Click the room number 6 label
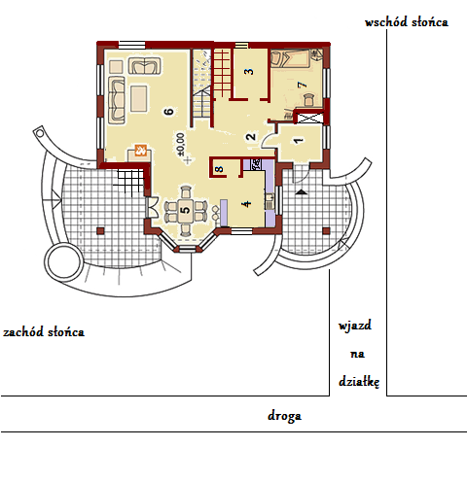click(x=168, y=112)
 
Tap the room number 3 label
click(x=249, y=71)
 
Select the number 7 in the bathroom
click(x=302, y=85)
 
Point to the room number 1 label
click(x=298, y=141)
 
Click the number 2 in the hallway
click(x=251, y=137)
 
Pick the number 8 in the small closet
click(x=220, y=169)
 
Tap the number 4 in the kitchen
click(x=247, y=204)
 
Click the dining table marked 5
click(x=186, y=210)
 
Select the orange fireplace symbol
click(x=141, y=151)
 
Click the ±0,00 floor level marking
click(x=181, y=144)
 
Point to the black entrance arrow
click(x=302, y=192)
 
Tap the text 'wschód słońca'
click(x=407, y=22)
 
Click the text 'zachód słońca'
click(x=44, y=332)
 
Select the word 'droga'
click(x=284, y=416)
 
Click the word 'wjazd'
click(x=355, y=326)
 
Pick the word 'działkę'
click(x=359, y=382)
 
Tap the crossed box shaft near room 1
click(x=309, y=118)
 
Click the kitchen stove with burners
click(x=256, y=164)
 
